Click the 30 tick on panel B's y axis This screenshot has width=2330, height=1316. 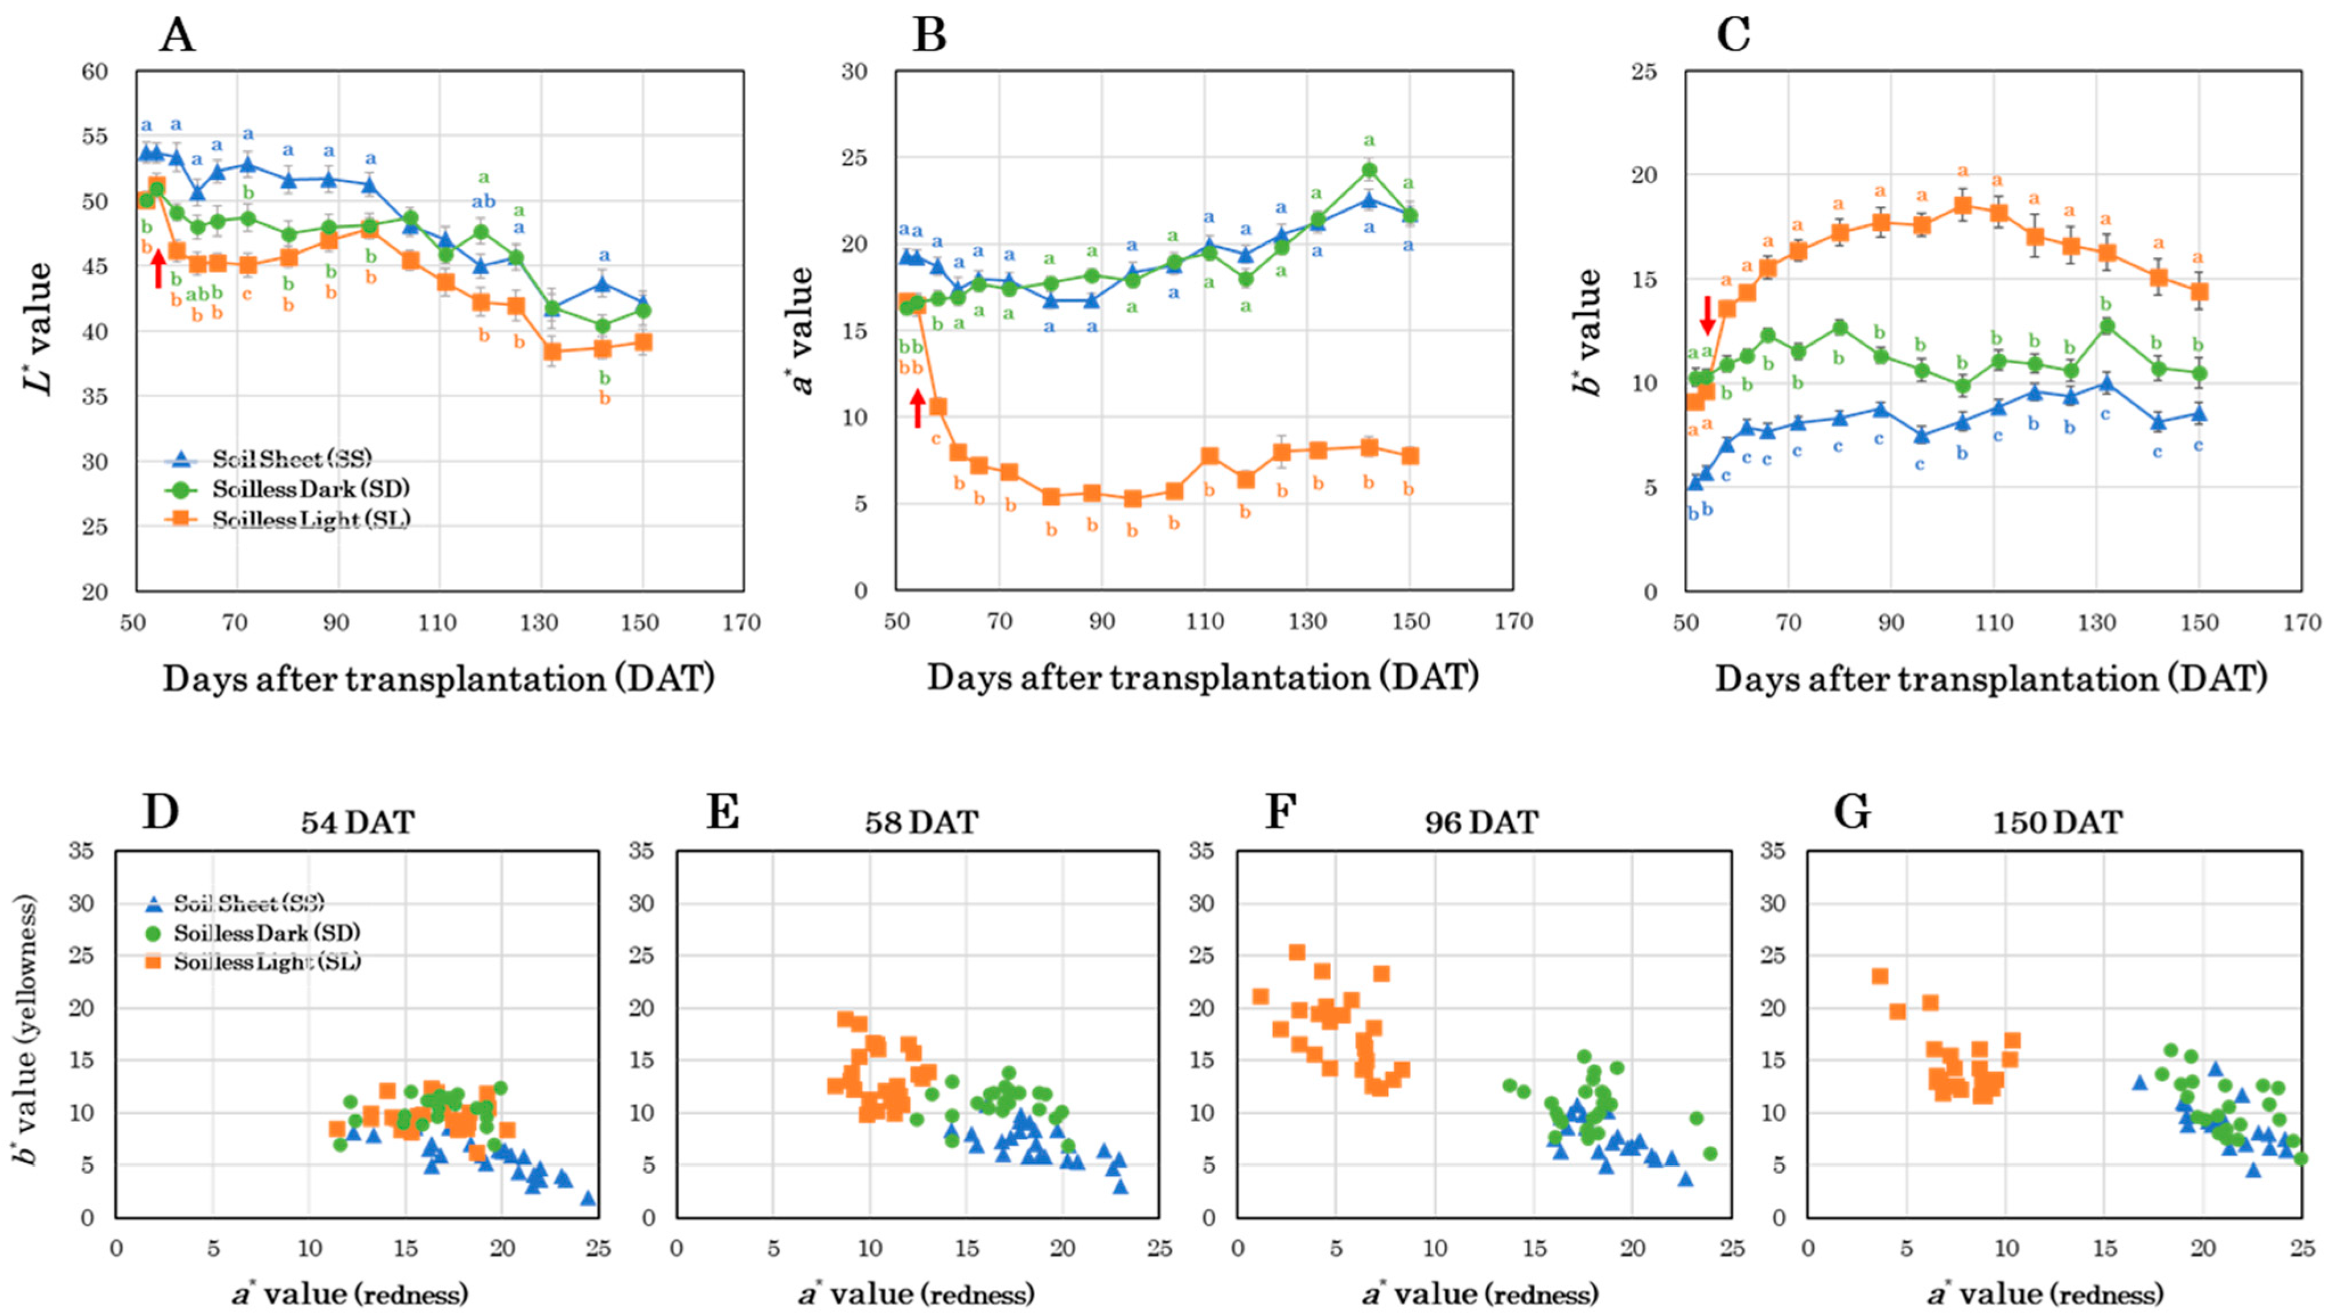coord(855,72)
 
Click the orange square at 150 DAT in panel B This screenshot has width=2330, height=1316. coord(1409,456)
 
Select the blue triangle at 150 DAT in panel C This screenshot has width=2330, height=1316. coord(2200,414)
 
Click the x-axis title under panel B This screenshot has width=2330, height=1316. coord(1203,678)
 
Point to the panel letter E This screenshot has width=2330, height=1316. coord(723,812)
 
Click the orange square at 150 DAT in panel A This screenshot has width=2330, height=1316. coord(643,342)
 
